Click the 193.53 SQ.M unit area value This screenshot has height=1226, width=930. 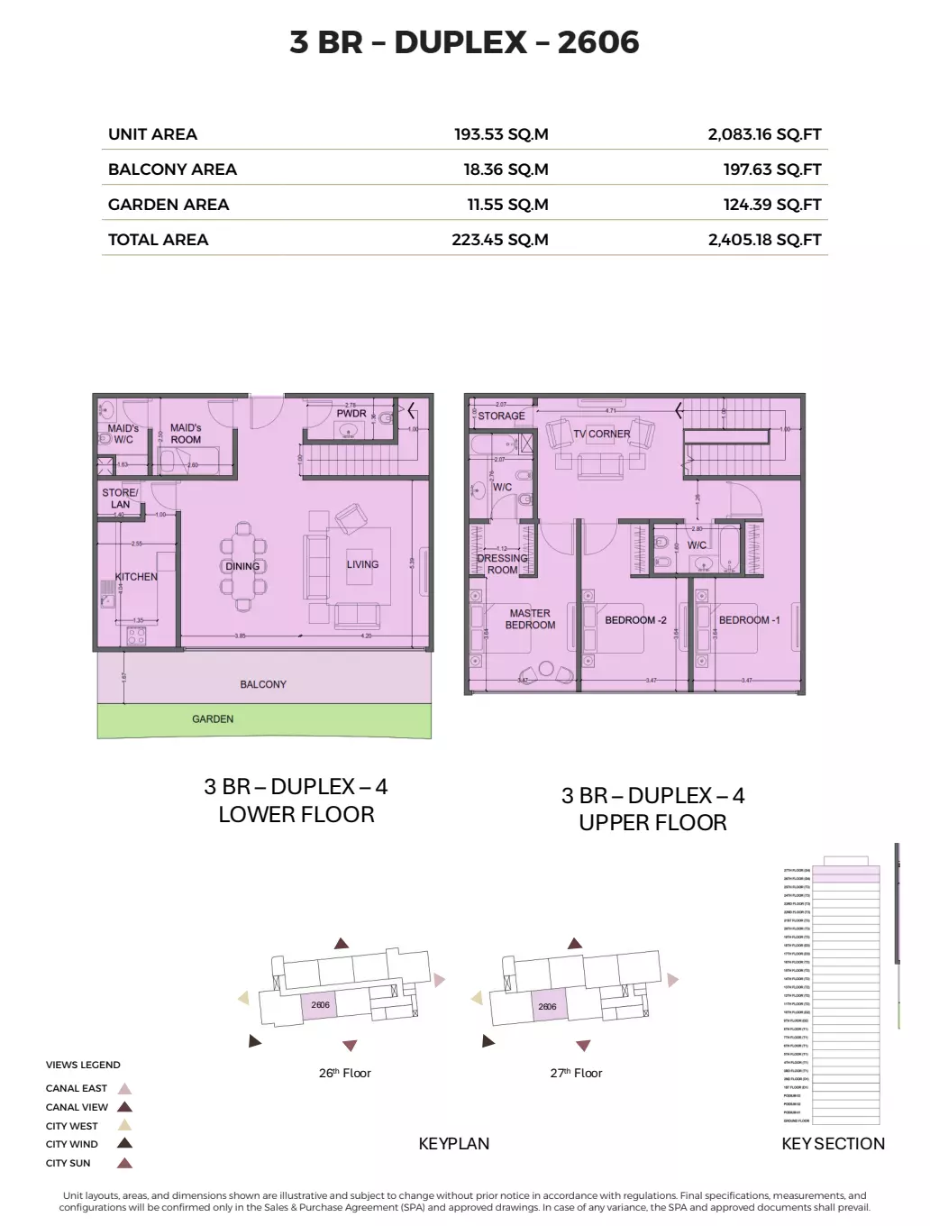click(501, 134)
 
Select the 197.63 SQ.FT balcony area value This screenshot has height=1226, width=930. click(772, 169)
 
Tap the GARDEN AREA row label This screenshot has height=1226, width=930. click(169, 205)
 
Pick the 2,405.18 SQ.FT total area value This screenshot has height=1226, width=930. click(764, 240)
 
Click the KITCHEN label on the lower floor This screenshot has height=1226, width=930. click(136, 577)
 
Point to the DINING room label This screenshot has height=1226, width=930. click(242, 566)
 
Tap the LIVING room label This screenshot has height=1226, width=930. click(362, 564)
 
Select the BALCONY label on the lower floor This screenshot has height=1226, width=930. click(263, 684)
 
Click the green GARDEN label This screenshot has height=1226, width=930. click(213, 719)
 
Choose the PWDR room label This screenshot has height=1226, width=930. click(351, 414)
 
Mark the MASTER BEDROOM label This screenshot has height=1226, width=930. click(530, 619)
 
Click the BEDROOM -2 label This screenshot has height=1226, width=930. click(635, 620)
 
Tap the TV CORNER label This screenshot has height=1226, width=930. click(602, 434)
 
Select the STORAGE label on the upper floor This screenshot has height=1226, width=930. click(501, 416)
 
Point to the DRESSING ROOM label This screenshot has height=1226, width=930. click(502, 564)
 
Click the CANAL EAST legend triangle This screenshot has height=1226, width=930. click(125, 1089)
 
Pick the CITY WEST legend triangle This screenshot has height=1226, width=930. click(125, 1126)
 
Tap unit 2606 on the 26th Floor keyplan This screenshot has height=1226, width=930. click(320, 1004)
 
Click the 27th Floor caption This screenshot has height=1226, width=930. click(576, 1073)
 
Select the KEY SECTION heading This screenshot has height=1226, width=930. click(833, 1144)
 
